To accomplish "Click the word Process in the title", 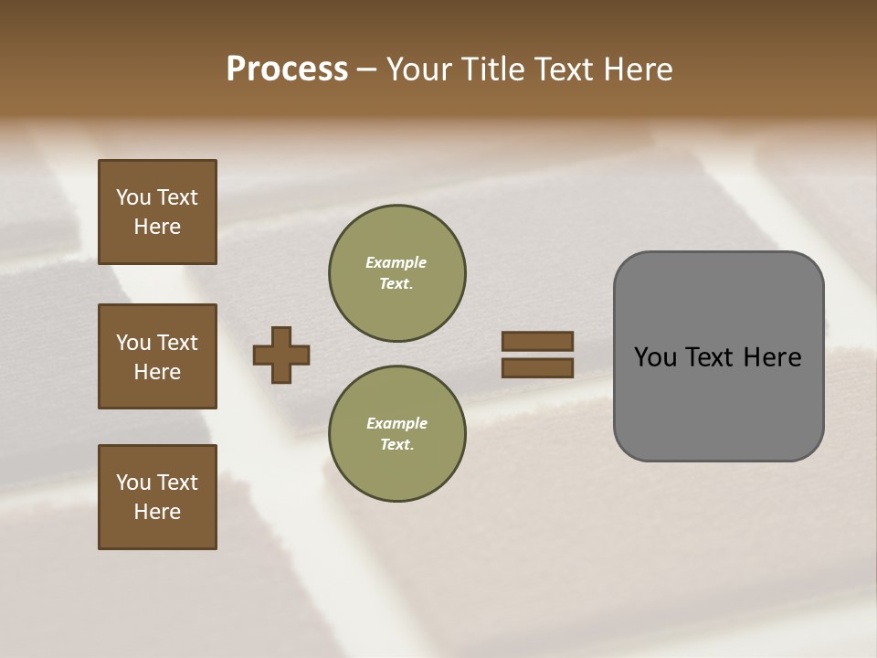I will tap(287, 69).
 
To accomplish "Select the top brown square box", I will tap(157, 212).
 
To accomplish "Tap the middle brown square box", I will tap(157, 356).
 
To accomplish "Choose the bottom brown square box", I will tap(157, 497).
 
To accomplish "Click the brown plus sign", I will tap(281, 355).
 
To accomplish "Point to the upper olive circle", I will tap(396, 273).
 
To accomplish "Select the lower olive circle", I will tap(396, 434).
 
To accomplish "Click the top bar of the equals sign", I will tap(537, 341).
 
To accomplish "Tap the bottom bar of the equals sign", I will tap(537, 367).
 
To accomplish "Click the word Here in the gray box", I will tap(772, 357).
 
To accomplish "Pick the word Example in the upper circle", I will tap(396, 262).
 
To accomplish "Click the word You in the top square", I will tap(133, 197).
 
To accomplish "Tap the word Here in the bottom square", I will tap(157, 512).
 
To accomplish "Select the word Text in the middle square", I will tap(177, 343).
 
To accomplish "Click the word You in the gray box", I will tap(655, 357).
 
